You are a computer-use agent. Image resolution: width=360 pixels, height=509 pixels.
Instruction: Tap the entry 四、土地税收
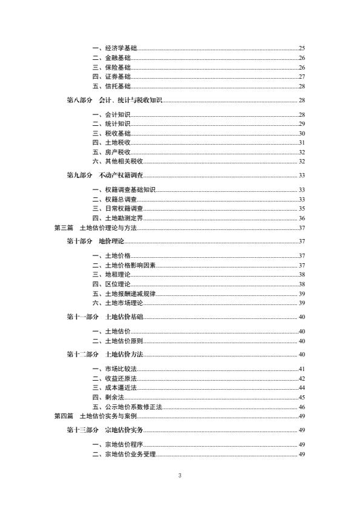click(x=111, y=142)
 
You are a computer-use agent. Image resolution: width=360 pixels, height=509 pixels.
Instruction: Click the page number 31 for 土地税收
click(x=301, y=142)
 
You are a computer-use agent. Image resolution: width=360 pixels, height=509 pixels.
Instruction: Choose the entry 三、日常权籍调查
click(x=114, y=209)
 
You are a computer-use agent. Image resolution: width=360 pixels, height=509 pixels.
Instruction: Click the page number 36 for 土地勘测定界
click(x=301, y=218)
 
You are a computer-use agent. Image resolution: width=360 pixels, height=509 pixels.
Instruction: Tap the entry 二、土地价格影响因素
click(x=122, y=265)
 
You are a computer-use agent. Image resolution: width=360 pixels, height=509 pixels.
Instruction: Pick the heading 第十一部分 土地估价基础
click(x=105, y=317)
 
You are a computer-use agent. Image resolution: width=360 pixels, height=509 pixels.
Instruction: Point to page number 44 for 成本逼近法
click(x=301, y=387)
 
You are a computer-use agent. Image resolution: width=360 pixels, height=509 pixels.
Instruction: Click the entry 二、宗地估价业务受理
click(x=124, y=455)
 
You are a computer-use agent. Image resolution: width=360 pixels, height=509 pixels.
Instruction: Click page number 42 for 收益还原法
click(x=301, y=378)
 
